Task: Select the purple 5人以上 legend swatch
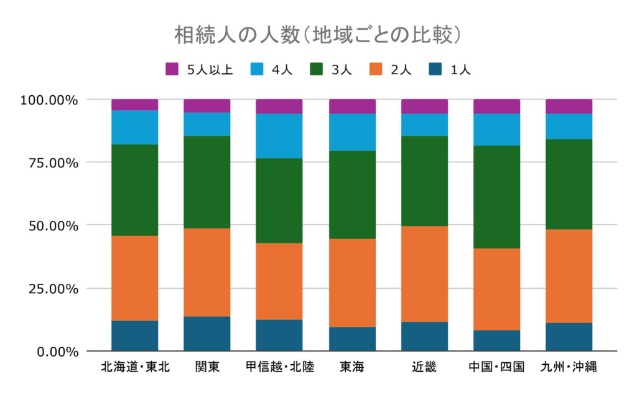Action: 172,70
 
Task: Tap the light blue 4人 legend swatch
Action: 256,70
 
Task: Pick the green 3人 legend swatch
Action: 317,70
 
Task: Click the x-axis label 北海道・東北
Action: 135,367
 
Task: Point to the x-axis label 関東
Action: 207,367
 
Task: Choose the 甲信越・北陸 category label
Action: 279,367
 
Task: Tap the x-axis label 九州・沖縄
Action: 569,367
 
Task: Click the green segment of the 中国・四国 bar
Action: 496,197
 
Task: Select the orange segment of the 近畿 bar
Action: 424,274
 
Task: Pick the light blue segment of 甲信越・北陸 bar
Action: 279,136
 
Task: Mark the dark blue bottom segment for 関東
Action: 207,334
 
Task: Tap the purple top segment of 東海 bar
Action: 352,106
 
